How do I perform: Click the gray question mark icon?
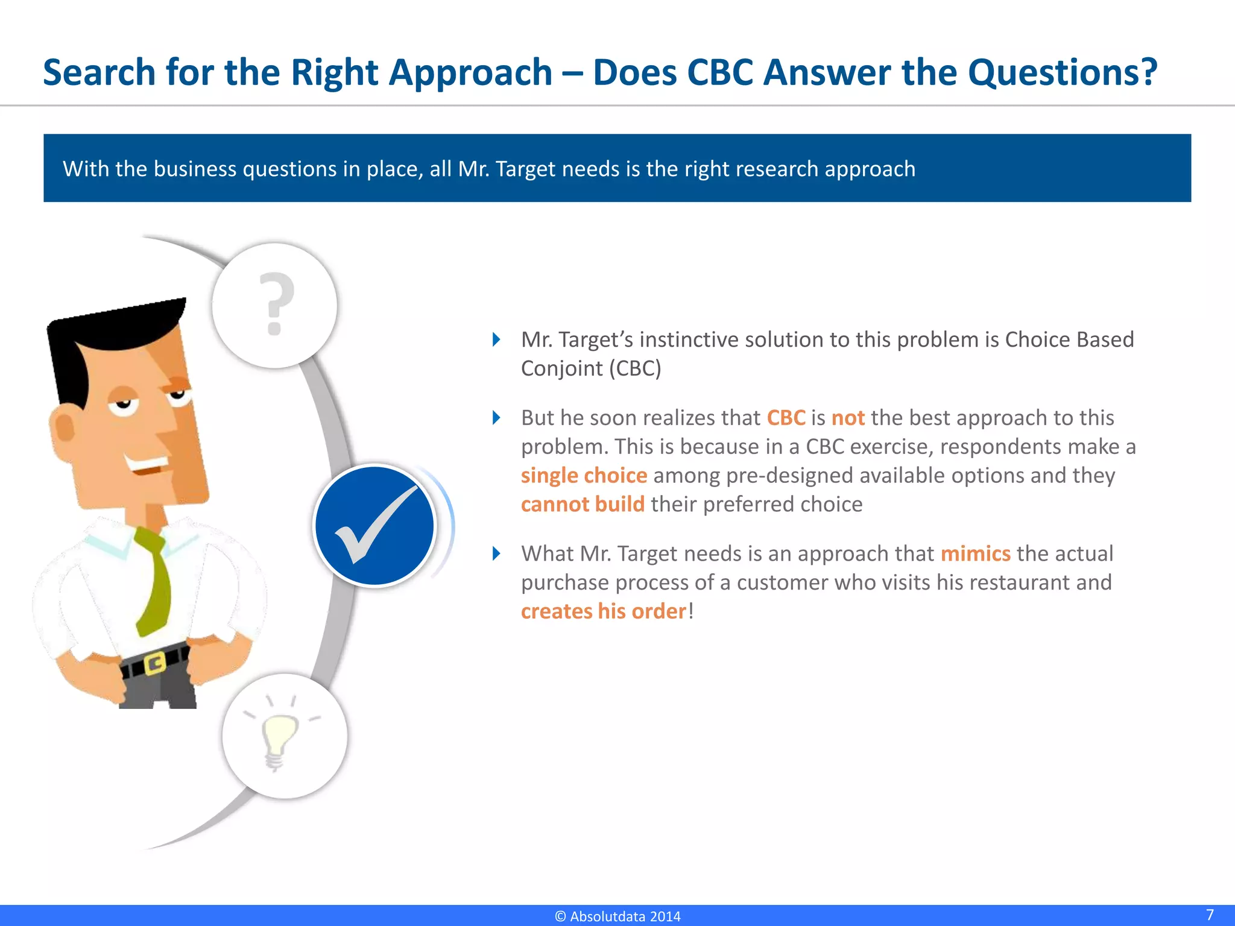[276, 304]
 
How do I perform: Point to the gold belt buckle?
[154, 663]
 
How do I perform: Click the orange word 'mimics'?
[975, 553]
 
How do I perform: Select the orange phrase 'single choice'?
[584, 476]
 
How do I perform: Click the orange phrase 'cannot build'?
[583, 504]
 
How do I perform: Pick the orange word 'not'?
[847, 418]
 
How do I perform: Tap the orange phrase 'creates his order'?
[603, 611]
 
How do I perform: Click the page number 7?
[1209, 915]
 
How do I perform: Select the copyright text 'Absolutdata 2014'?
[624, 916]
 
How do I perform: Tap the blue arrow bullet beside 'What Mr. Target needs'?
[496, 553]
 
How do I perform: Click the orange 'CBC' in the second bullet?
[786, 418]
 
